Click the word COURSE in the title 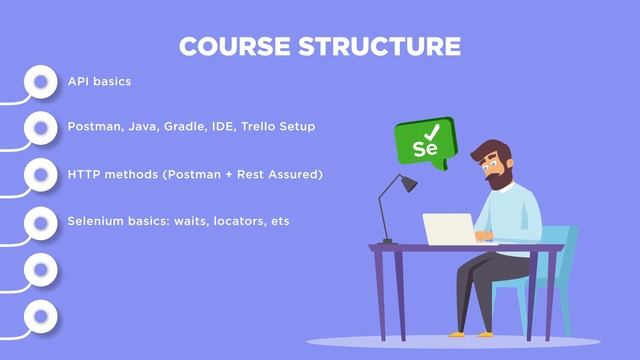click(235, 46)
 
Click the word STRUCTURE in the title click(382, 46)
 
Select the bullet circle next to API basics click(40, 81)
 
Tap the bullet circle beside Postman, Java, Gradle click(40, 128)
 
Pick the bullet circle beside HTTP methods click(40, 175)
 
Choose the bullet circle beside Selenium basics click(40, 221)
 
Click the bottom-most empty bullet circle click(40, 316)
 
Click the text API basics click(99, 81)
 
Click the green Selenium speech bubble click(423, 142)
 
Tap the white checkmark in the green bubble click(432, 131)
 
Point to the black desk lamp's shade click(407, 183)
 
